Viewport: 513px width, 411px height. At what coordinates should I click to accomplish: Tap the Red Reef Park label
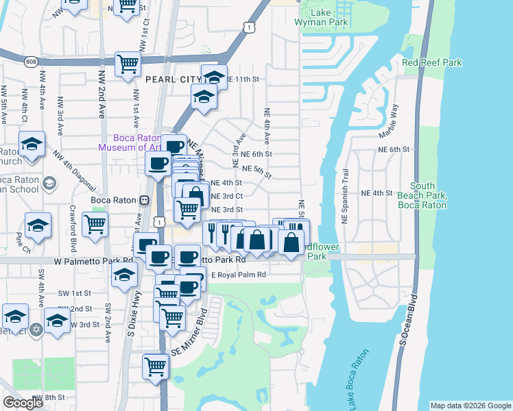point(432,62)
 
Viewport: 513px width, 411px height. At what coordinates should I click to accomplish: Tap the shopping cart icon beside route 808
point(128,64)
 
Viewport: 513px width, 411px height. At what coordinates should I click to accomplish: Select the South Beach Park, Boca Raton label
point(428,195)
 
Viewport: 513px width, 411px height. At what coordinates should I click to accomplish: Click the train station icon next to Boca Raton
point(144,201)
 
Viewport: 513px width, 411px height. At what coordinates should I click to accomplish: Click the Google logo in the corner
point(23,403)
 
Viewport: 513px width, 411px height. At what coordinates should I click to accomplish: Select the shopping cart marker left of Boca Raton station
point(95,223)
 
